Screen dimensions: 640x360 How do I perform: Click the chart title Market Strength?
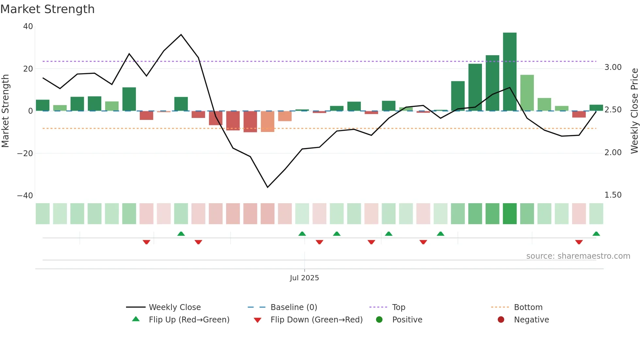(x=47, y=9)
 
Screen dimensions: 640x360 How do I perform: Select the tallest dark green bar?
(x=510, y=72)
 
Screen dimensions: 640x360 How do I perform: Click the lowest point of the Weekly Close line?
(x=267, y=187)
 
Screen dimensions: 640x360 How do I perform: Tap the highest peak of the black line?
(x=181, y=35)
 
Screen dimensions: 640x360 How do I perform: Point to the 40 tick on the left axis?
(x=28, y=26)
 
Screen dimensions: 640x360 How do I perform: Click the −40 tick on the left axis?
(x=25, y=196)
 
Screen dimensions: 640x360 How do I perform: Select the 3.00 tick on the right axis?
(x=613, y=67)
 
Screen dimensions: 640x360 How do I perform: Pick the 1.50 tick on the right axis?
(x=613, y=195)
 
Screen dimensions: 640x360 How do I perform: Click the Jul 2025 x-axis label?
(x=304, y=278)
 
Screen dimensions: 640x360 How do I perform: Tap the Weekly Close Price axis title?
(x=634, y=111)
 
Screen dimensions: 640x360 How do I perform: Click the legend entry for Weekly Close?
(x=175, y=307)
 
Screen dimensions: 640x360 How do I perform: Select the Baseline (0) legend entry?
(x=294, y=307)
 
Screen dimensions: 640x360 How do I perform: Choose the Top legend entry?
(x=398, y=307)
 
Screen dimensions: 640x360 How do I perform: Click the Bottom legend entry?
(x=528, y=307)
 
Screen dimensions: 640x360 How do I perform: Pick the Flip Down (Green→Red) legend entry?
(x=316, y=320)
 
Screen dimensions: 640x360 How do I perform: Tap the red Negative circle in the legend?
(x=501, y=320)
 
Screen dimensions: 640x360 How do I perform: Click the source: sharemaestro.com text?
(x=578, y=256)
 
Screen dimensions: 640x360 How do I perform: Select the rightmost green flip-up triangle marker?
(x=596, y=234)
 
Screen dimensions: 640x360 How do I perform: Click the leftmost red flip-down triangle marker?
(x=146, y=242)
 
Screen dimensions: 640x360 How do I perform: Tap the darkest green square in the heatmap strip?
(x=510, y=214)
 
